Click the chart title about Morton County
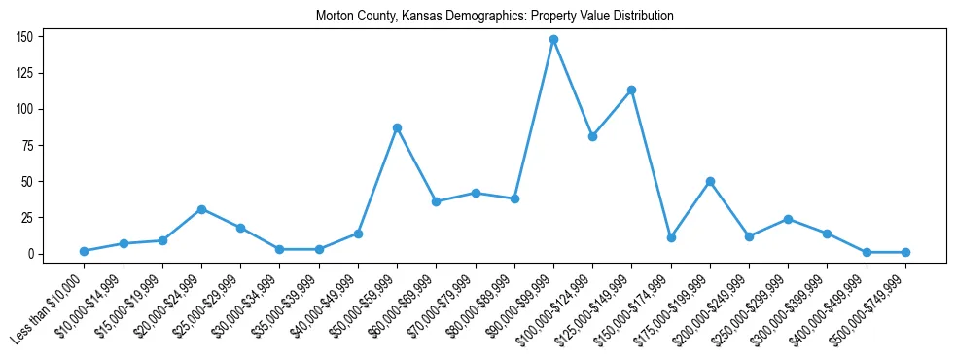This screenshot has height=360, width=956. (495, 17)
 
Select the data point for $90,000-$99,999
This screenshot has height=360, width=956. (553, 40)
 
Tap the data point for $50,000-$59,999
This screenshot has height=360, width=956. (397, 127)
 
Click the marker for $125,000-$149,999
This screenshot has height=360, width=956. (631, 90)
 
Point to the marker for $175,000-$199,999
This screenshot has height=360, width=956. (710, 181)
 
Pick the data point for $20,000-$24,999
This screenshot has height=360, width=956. (201, 209)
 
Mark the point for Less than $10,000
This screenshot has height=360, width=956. (84, 251)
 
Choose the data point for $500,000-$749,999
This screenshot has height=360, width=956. (905, 252)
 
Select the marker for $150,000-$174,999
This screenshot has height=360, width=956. (671, 237)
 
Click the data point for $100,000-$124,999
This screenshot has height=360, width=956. (592, 136)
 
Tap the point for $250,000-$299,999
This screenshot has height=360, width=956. (788, 219)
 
